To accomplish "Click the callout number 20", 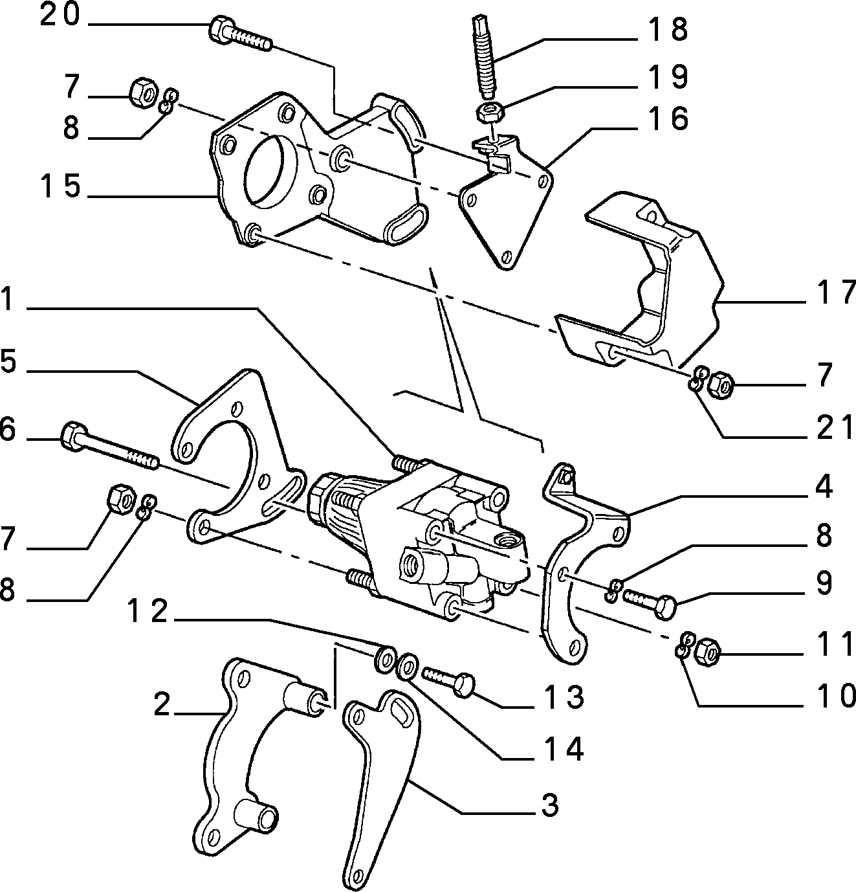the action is click(x=60, y=16).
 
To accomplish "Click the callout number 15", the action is click(x=60, y=186).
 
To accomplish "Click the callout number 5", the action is click(x=8, y=361).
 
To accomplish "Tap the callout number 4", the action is click(x=823, y=487).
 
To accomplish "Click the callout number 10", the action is click(x=835, y=695).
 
